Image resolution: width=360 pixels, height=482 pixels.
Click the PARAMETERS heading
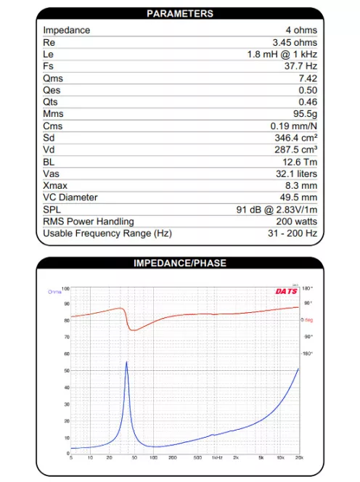180,14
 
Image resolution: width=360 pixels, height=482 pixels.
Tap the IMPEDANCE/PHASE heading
180,263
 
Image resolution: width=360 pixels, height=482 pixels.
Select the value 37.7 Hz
300,66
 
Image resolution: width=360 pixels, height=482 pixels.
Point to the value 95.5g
303,113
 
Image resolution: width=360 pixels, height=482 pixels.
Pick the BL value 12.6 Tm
300,161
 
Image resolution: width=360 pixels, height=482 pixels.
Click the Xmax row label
56,185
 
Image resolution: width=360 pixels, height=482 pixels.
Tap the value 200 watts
296,221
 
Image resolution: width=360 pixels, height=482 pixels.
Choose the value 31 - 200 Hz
292,233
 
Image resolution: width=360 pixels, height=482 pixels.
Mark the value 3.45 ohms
295,42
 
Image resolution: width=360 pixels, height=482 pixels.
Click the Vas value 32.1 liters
294,173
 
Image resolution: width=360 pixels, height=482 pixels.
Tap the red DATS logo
285,292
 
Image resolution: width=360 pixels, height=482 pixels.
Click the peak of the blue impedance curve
127,361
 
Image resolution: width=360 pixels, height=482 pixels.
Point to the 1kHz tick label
216,457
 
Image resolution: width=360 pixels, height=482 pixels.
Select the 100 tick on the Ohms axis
66,288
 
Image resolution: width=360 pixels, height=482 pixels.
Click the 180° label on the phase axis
306,288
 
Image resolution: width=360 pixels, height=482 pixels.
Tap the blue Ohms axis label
54,292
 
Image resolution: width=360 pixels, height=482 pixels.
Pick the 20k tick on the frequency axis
299,457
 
